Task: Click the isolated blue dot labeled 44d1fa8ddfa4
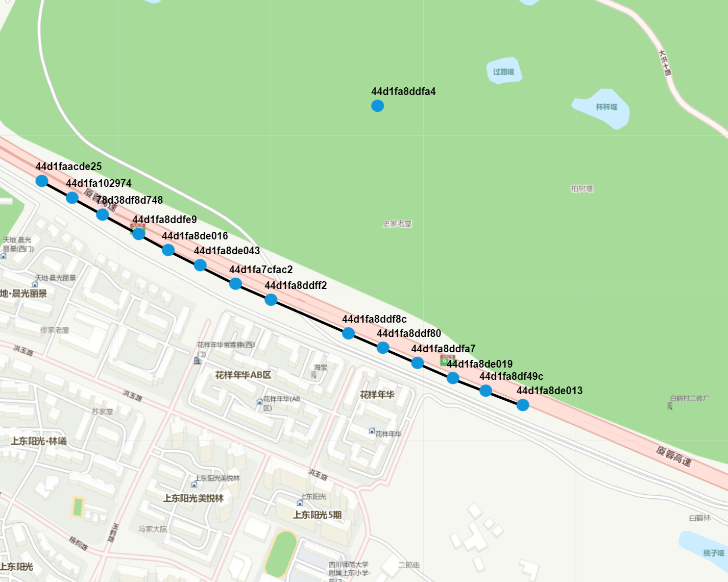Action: click(x=377, y=106)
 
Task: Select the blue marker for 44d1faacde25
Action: click(x=42, y=181)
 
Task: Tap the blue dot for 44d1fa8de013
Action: click(x=522, y=405)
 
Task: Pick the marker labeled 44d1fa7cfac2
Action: click(x=235, y=283)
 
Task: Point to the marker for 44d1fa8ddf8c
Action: click(x=348, y=333)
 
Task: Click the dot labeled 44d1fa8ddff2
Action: click(x=271, y=300)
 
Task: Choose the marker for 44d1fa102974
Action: click(x=72, y=198)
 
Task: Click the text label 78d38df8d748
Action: click(x=130, y=200)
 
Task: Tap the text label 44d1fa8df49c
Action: click(x=511, y=376)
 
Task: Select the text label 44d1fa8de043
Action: click(x=227, y=251)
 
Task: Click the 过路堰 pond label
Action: click(x=503, y=71)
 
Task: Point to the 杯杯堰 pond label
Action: click(x=606, y=107)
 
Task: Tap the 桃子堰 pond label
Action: click(x=713, y=553)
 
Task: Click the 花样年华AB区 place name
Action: click(x=243, y=375)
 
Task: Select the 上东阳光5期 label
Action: click(x=317, y=515)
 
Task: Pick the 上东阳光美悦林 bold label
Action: click(x=193, y=498)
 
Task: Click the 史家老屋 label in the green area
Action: click(x=397, y=224)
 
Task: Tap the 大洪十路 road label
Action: click(x=665, y=62)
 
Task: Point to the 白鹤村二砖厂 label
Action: click(x=689, y=398)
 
